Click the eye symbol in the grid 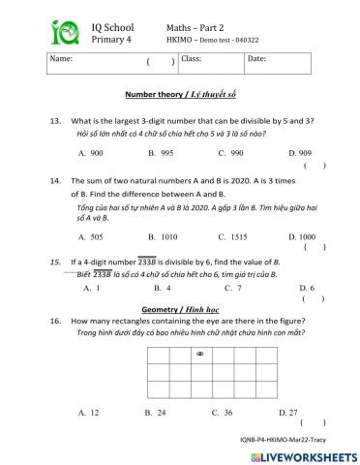tap(199, 355)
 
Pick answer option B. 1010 tap(161, 235)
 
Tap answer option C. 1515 tap(232, 235)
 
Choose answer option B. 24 tap(156, 413)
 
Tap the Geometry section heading tap(181, 307)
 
